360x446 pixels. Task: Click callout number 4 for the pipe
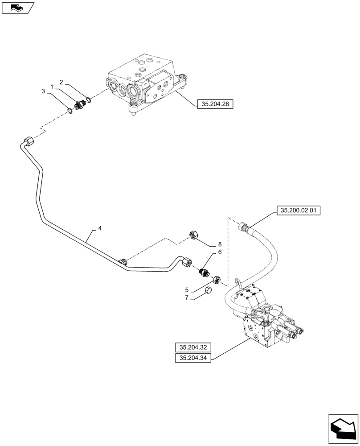(x=99, y=228)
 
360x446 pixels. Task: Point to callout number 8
(x=219, y=244)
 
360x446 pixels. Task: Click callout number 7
(x=187, y=298)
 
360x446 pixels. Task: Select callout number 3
(x=43, y=91)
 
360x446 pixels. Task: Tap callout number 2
(x=61, y=82)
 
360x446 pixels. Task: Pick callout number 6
(x=219, y=252)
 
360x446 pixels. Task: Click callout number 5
(x=187, y=289)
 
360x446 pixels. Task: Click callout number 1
(x=52, y=86)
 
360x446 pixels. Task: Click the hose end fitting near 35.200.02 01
(x=245, y=226)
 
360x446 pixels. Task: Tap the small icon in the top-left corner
(x=17, y=7)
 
